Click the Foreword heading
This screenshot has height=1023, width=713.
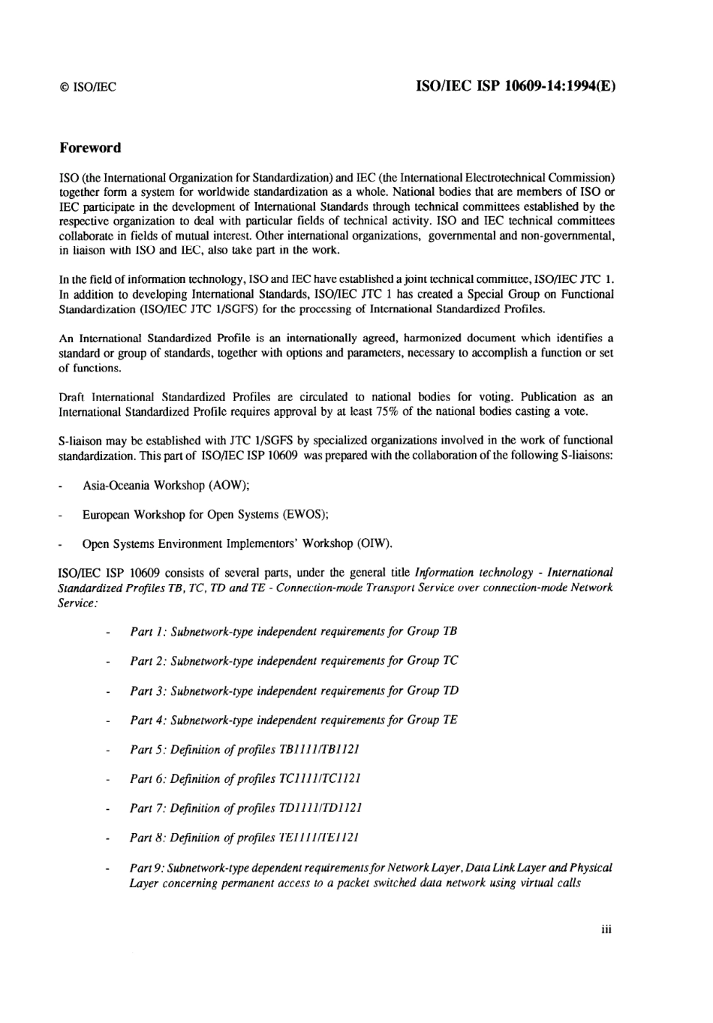point(90,148)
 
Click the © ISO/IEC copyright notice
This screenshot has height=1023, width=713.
point(88,87)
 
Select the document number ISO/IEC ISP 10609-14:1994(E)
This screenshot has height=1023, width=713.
point(516,86)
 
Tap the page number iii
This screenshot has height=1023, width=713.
point(607,929)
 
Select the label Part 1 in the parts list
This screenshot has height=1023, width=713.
point(147,631)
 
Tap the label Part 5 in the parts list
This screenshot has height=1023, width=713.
point(147,749)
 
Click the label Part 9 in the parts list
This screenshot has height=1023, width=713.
point(147,868)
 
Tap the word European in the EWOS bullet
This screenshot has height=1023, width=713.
point(106,515)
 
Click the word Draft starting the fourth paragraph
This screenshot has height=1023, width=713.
point(73,397)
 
